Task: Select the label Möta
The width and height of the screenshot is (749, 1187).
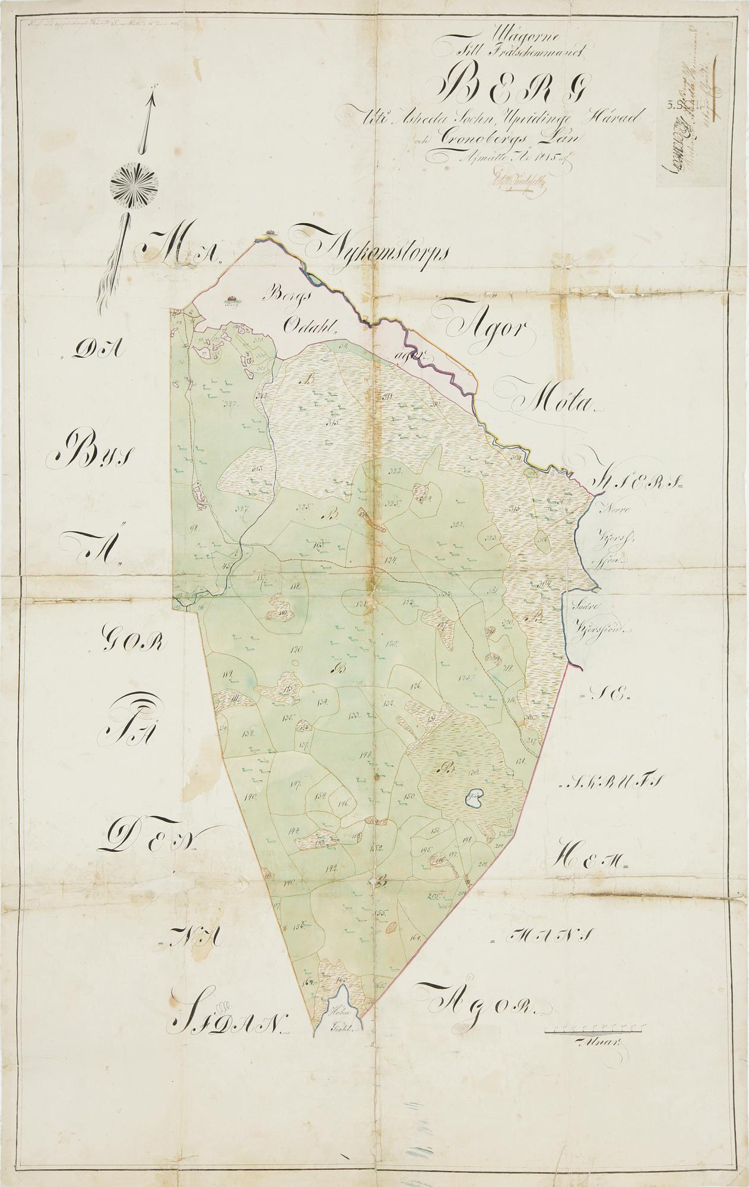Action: (549, 401)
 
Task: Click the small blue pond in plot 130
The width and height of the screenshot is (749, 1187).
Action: (474, 798)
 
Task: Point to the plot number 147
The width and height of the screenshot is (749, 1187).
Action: (296, 784)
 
